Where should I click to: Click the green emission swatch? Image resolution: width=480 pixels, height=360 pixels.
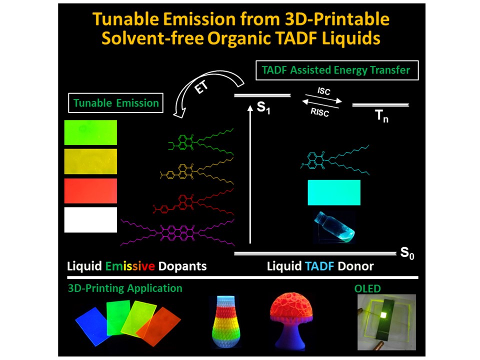tap(90, 132)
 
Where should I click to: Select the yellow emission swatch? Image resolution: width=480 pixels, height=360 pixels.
tap(90, 161)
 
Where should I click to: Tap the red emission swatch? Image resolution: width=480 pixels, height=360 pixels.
tap(90, 191)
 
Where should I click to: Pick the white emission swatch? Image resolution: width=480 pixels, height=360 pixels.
tap(90, 220)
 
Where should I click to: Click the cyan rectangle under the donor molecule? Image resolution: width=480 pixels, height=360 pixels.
tap(333, 193)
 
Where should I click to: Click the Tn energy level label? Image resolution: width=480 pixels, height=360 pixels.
tap(381, 118)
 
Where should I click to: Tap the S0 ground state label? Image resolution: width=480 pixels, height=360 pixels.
tap(408, 253)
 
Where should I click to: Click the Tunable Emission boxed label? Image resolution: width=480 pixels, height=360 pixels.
tap(116, 103)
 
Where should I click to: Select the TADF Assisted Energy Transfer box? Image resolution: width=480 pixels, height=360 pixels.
tap(335, 70)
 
